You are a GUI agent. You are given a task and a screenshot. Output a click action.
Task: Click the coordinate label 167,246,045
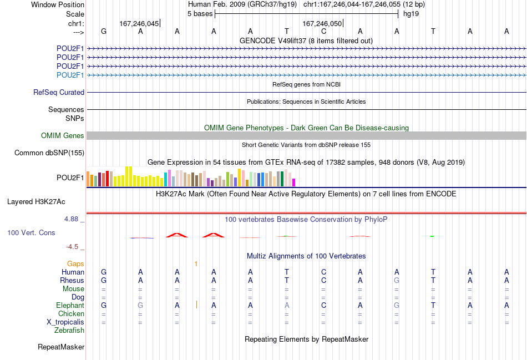coord(139,23)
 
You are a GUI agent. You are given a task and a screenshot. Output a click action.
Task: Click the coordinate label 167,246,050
coord(322,23)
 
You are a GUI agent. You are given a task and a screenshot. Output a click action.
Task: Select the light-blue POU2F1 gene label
coord(70,75)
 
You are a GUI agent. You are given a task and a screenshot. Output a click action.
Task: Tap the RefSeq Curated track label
coord(59,93)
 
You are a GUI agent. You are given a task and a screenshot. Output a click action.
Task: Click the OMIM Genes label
coord(63,135)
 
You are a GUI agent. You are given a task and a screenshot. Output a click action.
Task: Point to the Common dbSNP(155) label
coord(49,153)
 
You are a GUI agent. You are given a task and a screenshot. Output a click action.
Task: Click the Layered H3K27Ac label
coord(36,202)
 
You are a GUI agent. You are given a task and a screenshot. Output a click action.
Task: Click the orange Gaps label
coord(75,264)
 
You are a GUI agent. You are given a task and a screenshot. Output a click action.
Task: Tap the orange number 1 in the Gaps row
coord(196,264)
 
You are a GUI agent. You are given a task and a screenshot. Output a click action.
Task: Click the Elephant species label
coord(70,306)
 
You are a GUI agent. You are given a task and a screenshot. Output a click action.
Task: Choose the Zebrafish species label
coord(69,331)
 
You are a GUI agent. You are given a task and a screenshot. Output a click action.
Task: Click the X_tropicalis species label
coord(65,322)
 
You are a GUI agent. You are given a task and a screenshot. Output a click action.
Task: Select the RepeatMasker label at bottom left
coord(61,347)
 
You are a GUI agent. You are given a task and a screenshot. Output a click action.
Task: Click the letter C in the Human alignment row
coord(323,272)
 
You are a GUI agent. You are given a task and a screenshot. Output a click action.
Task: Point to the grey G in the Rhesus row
coord(397,280)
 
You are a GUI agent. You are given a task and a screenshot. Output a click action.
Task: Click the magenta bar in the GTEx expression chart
coord(293,182)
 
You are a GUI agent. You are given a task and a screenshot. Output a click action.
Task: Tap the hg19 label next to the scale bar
coord(411,14)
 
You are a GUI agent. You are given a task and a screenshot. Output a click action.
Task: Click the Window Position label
coord(58,4)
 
